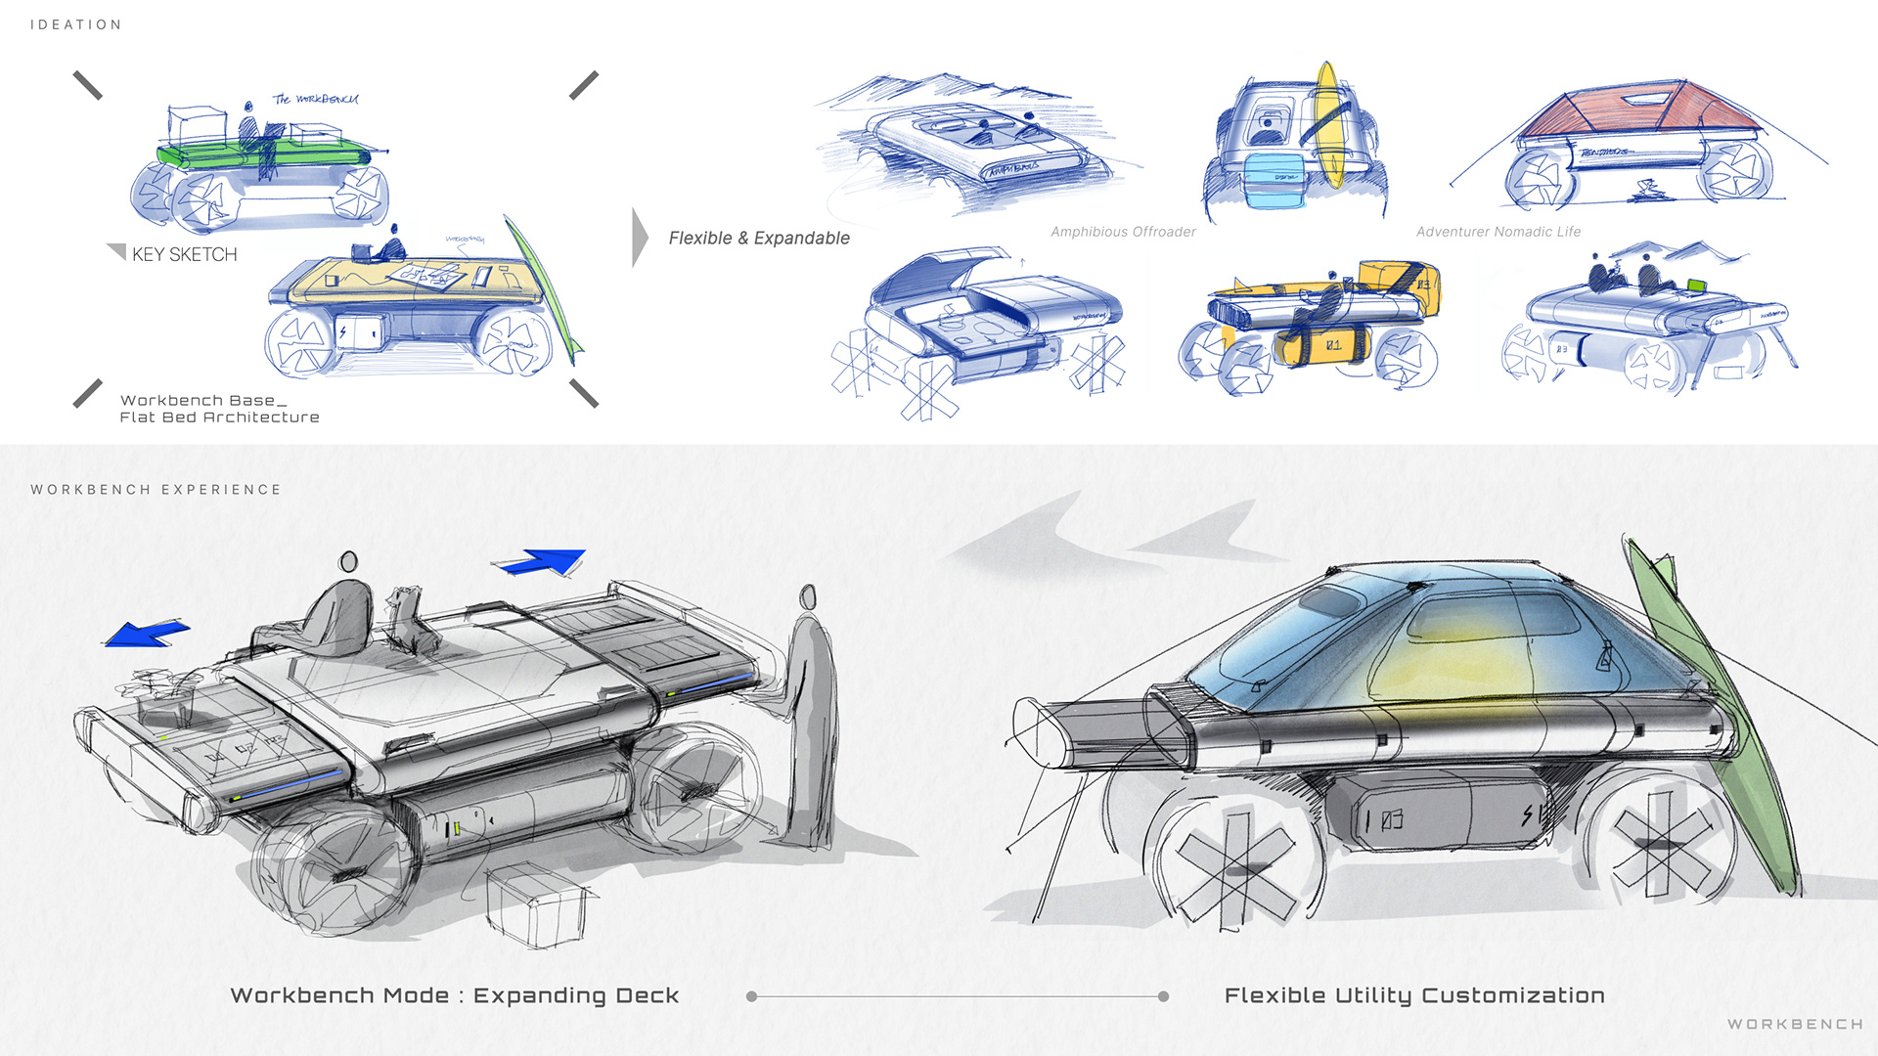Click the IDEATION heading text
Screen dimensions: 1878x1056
[75, 24]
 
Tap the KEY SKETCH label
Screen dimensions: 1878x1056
[184, 254]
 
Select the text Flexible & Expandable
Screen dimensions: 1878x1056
[759, 238]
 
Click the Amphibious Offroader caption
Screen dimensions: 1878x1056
[1123, 232]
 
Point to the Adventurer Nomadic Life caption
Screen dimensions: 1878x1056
[1498, 232]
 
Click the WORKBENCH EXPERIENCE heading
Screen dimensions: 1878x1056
[156, 489]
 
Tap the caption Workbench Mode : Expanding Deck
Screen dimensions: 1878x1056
[454, 995]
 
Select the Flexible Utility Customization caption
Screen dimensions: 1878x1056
[1413, 995]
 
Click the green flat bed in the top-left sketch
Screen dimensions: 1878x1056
[264, 154]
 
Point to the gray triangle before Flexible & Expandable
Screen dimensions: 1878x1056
[640, 237]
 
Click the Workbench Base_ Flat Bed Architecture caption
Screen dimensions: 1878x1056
[219, 409]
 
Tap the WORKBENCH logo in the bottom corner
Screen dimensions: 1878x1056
[1794, 1024]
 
